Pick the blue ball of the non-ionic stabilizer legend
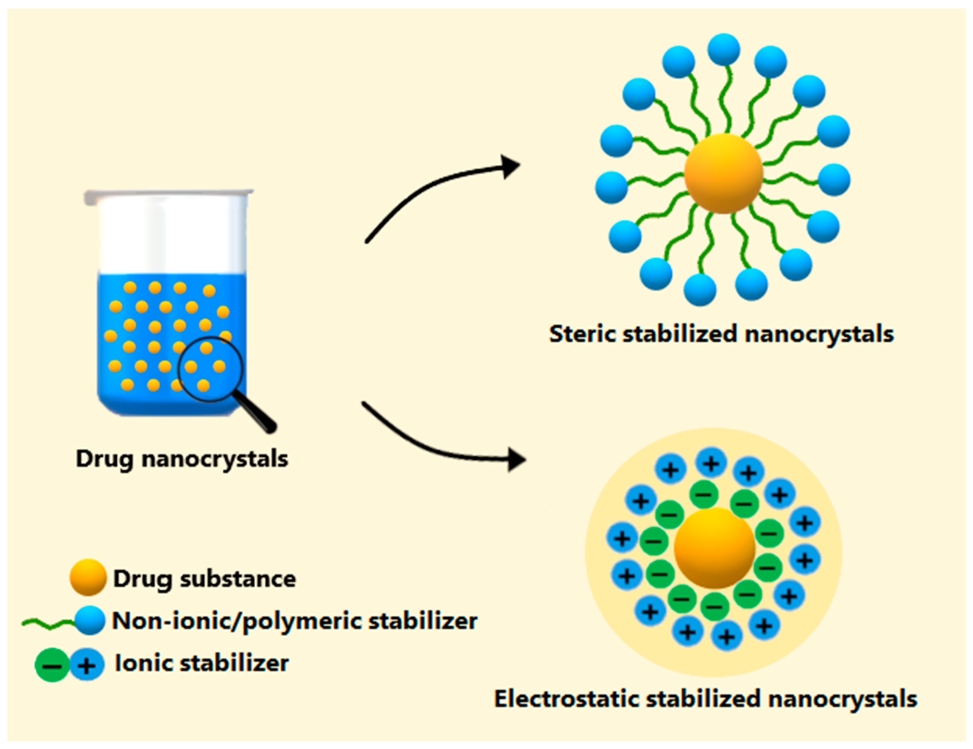(x=89, y=620)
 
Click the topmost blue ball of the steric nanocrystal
(x=724, y=49)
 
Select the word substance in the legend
(x=238, y=579)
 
